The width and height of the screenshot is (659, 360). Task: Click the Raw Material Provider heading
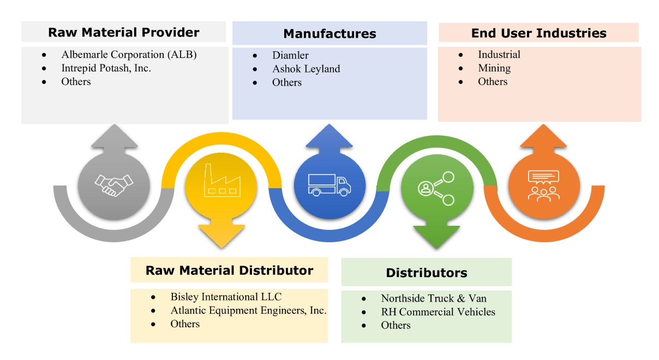click(124, 32)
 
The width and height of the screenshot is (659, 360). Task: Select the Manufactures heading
click(329, 34)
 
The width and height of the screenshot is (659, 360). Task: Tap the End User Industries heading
click(538, 33)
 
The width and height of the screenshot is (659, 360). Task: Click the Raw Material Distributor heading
click(229, 271)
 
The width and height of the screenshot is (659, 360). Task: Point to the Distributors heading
click(426, 273)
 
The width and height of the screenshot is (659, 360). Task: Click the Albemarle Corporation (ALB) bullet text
click(129, 55)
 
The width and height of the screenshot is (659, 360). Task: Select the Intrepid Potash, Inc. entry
click(106, 68)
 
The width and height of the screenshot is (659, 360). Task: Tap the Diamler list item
click(290, 55)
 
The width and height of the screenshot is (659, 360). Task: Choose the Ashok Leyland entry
click(306, 69)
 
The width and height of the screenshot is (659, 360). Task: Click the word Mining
click(494, 68)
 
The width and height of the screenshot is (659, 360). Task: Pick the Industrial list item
click(499, 55)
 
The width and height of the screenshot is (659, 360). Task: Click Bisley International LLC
click(226, 297)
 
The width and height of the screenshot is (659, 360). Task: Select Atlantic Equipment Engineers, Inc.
click(248, 310)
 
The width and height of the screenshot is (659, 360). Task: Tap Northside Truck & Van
click(433, 298)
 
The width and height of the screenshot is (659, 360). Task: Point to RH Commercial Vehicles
click(438, 312)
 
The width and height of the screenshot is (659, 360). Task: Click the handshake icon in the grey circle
click(113, 185)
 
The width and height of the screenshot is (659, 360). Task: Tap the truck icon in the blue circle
click(329, 184)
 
